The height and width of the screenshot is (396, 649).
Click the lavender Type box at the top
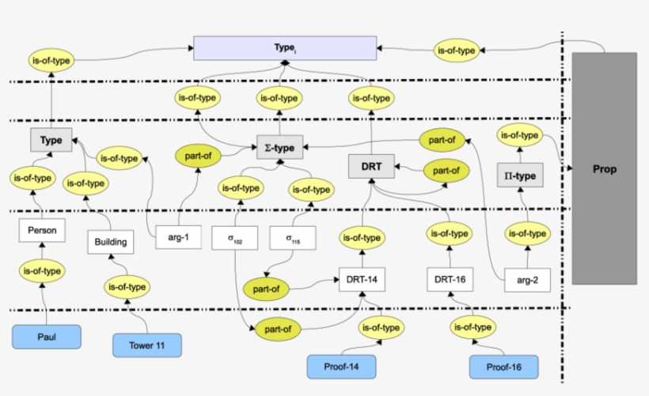(x=285, y=49)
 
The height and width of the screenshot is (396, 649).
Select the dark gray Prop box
(x=604, y=168)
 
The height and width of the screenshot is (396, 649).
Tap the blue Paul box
(x=47, y=337)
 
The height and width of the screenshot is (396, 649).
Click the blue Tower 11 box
(x=146, y=345)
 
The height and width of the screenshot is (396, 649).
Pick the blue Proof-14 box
(x=341, y=367)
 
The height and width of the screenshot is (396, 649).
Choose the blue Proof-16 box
(x=503, y=367)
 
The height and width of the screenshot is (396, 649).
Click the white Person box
(x=42, y=231)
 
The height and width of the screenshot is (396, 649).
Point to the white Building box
(x=110, y=241)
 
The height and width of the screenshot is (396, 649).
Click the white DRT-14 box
(x=362, y=279)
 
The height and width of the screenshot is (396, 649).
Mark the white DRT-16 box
(x=450, y=279)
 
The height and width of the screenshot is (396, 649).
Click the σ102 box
(x=234, y=237)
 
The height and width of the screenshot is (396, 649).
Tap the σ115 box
(x=292, y=237)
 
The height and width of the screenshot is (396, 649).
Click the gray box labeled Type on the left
(x=51, y=140)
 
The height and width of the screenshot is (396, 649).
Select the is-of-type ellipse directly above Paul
(x=42, y=271)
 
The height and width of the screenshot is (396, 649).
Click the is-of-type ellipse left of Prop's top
(x=457, y=51)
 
